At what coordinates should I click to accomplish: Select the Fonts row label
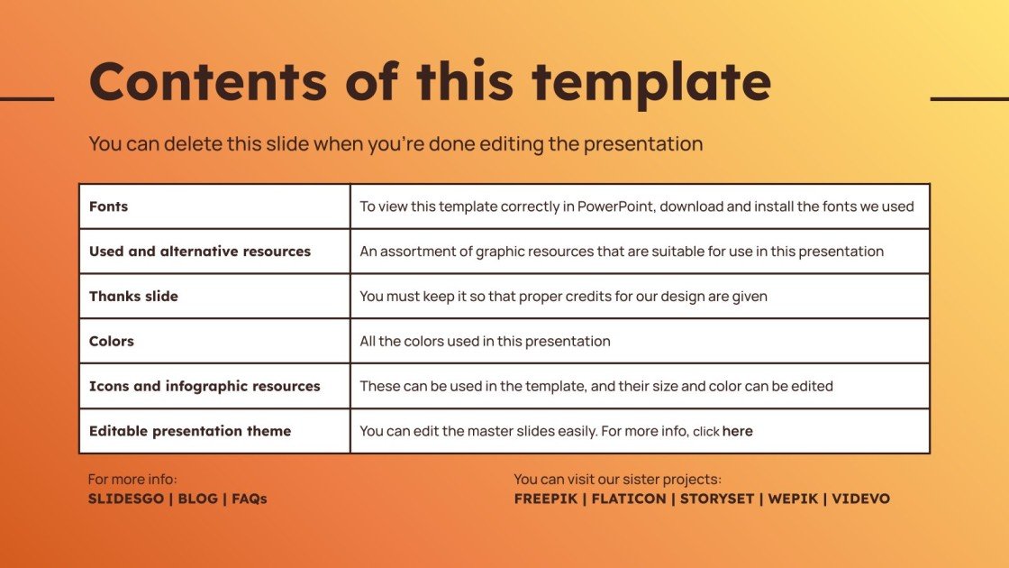(108, 206)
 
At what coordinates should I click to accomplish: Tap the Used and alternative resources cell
(199, 252)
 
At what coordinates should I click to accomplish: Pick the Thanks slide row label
(133, 296)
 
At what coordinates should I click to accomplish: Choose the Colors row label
(111, 341)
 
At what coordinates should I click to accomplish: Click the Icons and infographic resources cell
(205, 386)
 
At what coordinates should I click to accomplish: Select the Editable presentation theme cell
(189, 431)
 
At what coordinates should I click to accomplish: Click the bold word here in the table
(737, 431)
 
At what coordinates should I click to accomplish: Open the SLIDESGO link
(125, 498)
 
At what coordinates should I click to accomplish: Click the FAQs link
(250, 498)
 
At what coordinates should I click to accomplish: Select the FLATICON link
(629, 498)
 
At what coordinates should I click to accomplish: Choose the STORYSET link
(716, 498)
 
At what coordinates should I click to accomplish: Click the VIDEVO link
(860, 498)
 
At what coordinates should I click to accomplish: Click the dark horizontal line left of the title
(27, 98)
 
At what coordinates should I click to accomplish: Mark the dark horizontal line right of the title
(969, 98)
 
